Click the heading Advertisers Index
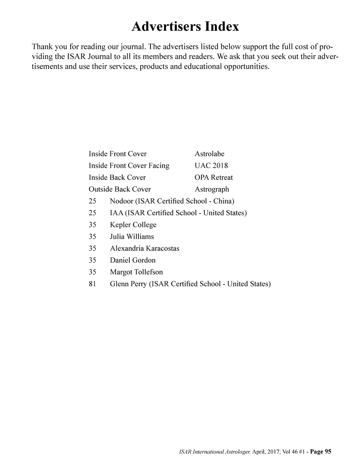pyautogui.click(x=185, y=26)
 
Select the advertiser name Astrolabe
pyautogui.click(x=209, y=154)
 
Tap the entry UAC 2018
pyautogui.click(x=211, y=166)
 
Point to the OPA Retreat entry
pyautogui.click(x=213, y=177)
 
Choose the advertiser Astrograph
pyautogui.click(x=212, y=189)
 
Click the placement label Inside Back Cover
pyautogui.click(x=117, y=177)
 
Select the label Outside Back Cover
pyautogui.click(x=120, y=189)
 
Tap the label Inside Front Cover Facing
pyautogui.click(x=129, y=166)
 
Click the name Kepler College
pyautogui.click(x=133, y=225)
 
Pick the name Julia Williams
pyautogui.click(x=132, y=237)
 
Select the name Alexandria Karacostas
pyautogui.click(x=144, y=248)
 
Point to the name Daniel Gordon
pyautogui.click(x=133, y=260)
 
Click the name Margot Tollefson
pyautogui.click(x=136, y=272)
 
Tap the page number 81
pyautogui.click(x=92, y=284)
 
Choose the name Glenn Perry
pyautogui.click(x=128, y=284)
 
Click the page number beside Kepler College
pyautogui.click(x=92, y=225)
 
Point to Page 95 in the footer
pyautogui.click(x=321, y=452)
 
